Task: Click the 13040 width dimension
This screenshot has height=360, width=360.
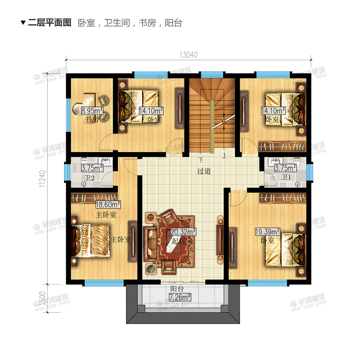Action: pos(189,55)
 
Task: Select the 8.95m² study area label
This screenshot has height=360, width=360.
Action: pos(92,111)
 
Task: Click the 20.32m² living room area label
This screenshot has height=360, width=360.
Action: pos(183,232)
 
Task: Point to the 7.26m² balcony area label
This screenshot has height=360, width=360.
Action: pos(180,297)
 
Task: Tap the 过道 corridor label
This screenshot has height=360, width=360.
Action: pos(204,172)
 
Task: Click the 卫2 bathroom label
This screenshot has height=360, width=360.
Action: pos(91,178)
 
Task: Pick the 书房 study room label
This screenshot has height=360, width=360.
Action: pos(91,120)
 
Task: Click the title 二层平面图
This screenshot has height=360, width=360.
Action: pos(49,23)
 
